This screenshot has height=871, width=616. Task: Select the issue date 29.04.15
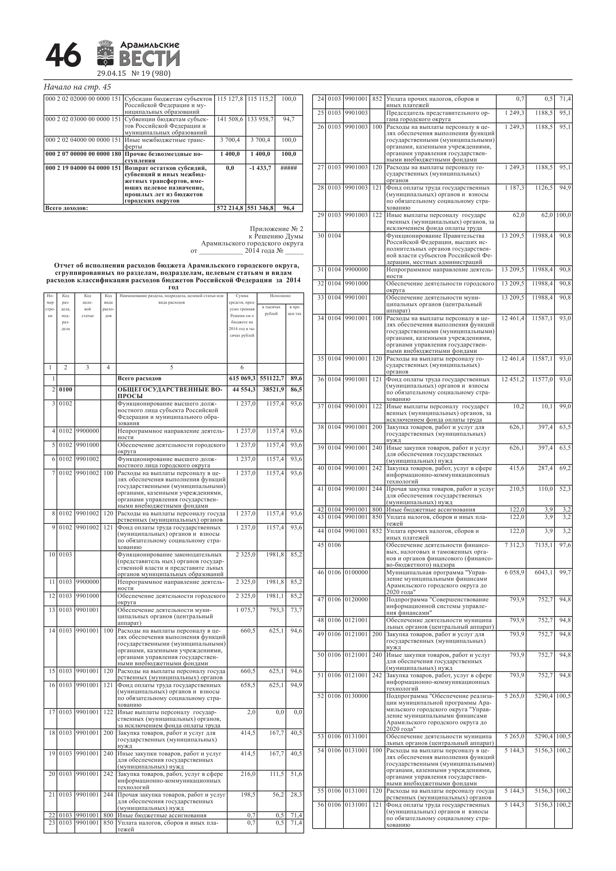(x=111, y=74)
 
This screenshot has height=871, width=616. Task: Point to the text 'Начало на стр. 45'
(x=77, y=87)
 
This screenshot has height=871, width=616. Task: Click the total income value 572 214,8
(x=230, y=208)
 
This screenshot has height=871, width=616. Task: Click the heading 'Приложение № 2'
(x=276, y=229)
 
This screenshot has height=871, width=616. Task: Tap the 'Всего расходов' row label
(x=139, y=378)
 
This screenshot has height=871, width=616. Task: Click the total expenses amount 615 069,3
(x=242, y=378)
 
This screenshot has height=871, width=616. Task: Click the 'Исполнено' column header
(x=280, y=296)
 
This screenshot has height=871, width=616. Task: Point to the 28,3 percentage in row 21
(x=296, y=794)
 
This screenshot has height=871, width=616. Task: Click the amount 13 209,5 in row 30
(x=512, y=236)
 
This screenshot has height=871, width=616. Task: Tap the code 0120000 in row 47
(x=356, y=599)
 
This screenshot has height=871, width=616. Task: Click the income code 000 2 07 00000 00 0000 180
(x=84, y=154)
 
